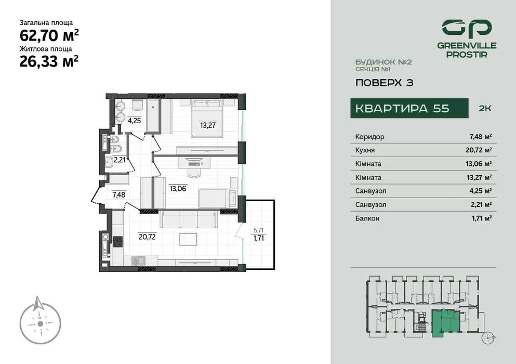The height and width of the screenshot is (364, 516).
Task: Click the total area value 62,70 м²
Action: click(49, 35)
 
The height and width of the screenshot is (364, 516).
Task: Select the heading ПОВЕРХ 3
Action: click(384, 82)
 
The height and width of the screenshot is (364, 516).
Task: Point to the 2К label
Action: click(484, 109)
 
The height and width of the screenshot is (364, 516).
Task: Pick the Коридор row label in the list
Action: click(369, 137)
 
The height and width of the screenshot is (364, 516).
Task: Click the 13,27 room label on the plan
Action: click(207, 125)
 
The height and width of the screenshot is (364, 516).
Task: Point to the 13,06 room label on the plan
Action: click(177, 188)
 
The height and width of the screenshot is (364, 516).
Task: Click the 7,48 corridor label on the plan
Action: click(118, 195)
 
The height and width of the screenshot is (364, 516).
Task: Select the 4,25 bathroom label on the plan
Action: click(134, 121)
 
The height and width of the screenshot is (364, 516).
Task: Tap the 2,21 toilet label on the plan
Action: click(119, 160)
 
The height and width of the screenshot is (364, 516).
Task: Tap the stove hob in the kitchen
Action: click(117, 241)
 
